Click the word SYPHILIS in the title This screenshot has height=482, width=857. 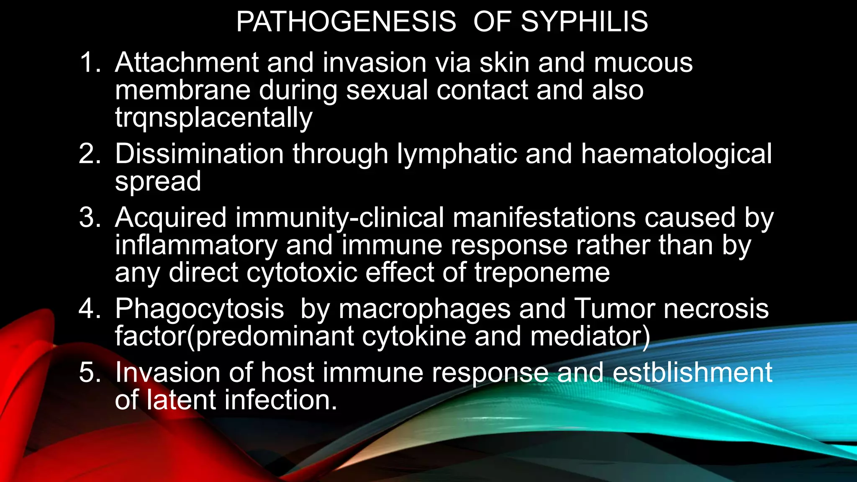click(x=584, y=22)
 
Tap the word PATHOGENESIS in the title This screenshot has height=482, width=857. click(x=346, y=22)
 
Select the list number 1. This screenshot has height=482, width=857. click(x=90, y=63)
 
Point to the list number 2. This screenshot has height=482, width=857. click(x=90, y=154)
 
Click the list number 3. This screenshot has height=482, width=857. click(x=90, y=218)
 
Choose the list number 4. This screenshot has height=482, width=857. click(x=90, y=309)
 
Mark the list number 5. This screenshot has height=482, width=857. click(x=90, y=372)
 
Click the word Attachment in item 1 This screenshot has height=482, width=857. click(x=187, y=63)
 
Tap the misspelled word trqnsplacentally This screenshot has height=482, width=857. click(x=214, y=118)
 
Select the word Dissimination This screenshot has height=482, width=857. click(x=200, y=154)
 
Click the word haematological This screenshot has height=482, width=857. click(x=676, y=154)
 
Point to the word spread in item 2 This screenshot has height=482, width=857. click(x=158, y=182)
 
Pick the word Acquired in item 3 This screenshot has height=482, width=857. click(x=171, y=218)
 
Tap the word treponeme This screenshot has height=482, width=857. click(x=542, y=273)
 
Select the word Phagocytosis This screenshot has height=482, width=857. click(x=200, y=310)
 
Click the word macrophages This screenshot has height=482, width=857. click(x=425, y=310)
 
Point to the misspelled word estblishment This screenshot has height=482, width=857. click(x=693, y=372)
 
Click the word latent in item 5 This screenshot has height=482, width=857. click(x=181, y=400)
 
